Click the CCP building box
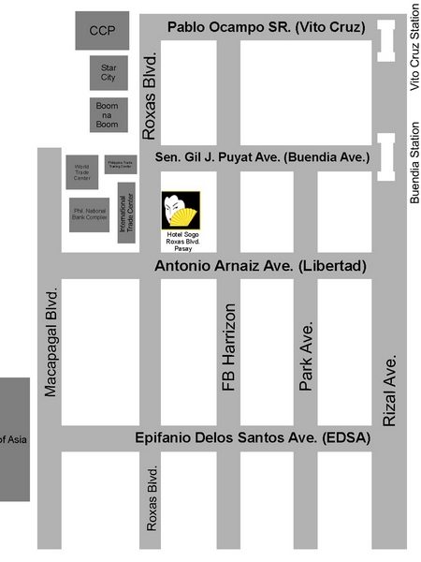tap(102, 31)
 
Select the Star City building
tap(109, 72)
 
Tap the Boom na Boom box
tap(109, 115)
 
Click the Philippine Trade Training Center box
tap(121, 165)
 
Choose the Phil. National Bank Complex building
tap(90, 214)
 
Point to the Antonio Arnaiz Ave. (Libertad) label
tap(259, 267)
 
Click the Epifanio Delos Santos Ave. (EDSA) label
tap(253, 438)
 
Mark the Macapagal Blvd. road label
tap(51, 343)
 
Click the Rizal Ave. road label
tap(390, 390)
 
